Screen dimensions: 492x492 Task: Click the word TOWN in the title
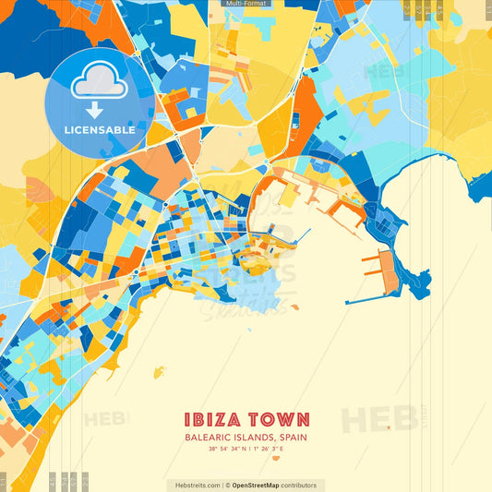coord(278,419)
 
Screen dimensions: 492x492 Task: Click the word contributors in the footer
coord(299,485)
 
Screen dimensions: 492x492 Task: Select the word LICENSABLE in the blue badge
coord(100,130)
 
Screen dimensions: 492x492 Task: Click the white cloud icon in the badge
coord(100,84)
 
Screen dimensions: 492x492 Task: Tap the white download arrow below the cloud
coord(95,110)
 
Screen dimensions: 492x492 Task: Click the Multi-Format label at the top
coord(246,4)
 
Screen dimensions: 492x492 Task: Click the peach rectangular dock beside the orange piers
coord(389,271)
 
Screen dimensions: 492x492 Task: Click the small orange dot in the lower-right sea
coord(389,427)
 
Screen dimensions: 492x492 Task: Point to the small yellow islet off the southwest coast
coord(159,373)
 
